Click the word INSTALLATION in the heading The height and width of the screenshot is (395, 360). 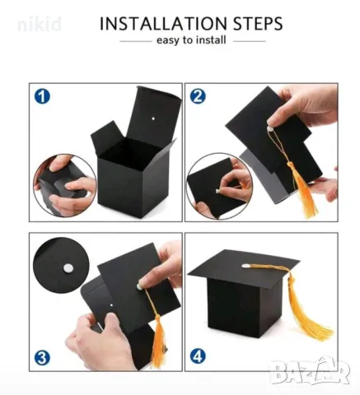coord(164,23)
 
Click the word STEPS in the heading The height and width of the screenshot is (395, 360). coord(258,23)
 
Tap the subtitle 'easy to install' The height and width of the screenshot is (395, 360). coord(191,40)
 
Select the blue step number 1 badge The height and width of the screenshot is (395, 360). coord(42,96)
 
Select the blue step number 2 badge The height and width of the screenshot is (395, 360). coord(198,96)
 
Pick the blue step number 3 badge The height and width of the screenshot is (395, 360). coord(42,358)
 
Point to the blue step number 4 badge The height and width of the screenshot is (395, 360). coord(198,357)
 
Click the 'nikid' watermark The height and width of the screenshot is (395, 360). coord(40,25)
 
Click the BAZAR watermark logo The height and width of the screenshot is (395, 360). coord(310,371)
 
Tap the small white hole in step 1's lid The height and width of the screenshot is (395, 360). coord(153,118)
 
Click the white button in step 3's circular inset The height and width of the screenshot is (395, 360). coord(68,267)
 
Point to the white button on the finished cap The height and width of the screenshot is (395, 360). coord(245,266)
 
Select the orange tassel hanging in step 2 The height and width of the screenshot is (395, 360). coord(303,189)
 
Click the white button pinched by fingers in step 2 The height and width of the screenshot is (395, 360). coord(271,128)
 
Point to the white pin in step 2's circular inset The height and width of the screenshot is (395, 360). coord(217,191)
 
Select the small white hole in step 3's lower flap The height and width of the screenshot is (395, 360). coord(111,304)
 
